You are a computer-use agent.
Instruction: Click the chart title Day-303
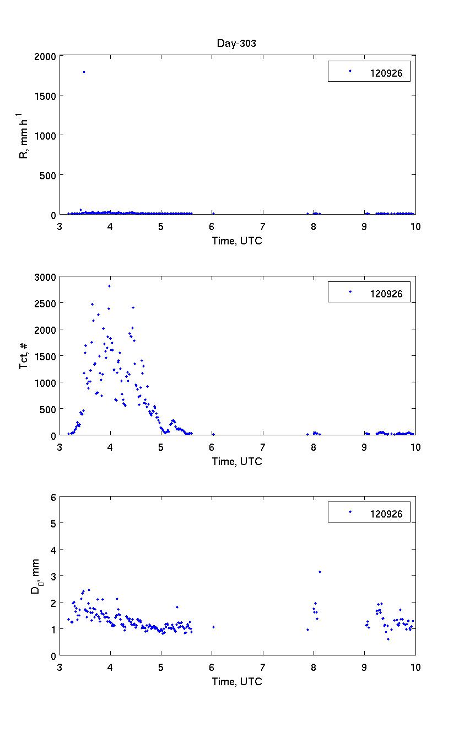(x=237, y=44)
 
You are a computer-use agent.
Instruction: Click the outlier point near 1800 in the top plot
(x=84, y=72)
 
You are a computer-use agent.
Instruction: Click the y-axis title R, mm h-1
(x=24, y=136)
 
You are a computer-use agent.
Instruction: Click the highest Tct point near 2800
(x=109, y=286)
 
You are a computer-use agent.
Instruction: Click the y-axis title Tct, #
(x=24, y=355)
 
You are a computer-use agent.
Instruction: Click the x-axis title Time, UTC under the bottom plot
(x=237, y=682)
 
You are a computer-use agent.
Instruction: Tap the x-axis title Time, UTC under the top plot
(x=237, y=241)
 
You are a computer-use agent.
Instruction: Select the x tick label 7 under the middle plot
(x=263, y=447)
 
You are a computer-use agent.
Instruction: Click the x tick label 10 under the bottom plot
(x=415, y=668)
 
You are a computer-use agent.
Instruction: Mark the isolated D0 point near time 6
(x=213, y=627)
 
